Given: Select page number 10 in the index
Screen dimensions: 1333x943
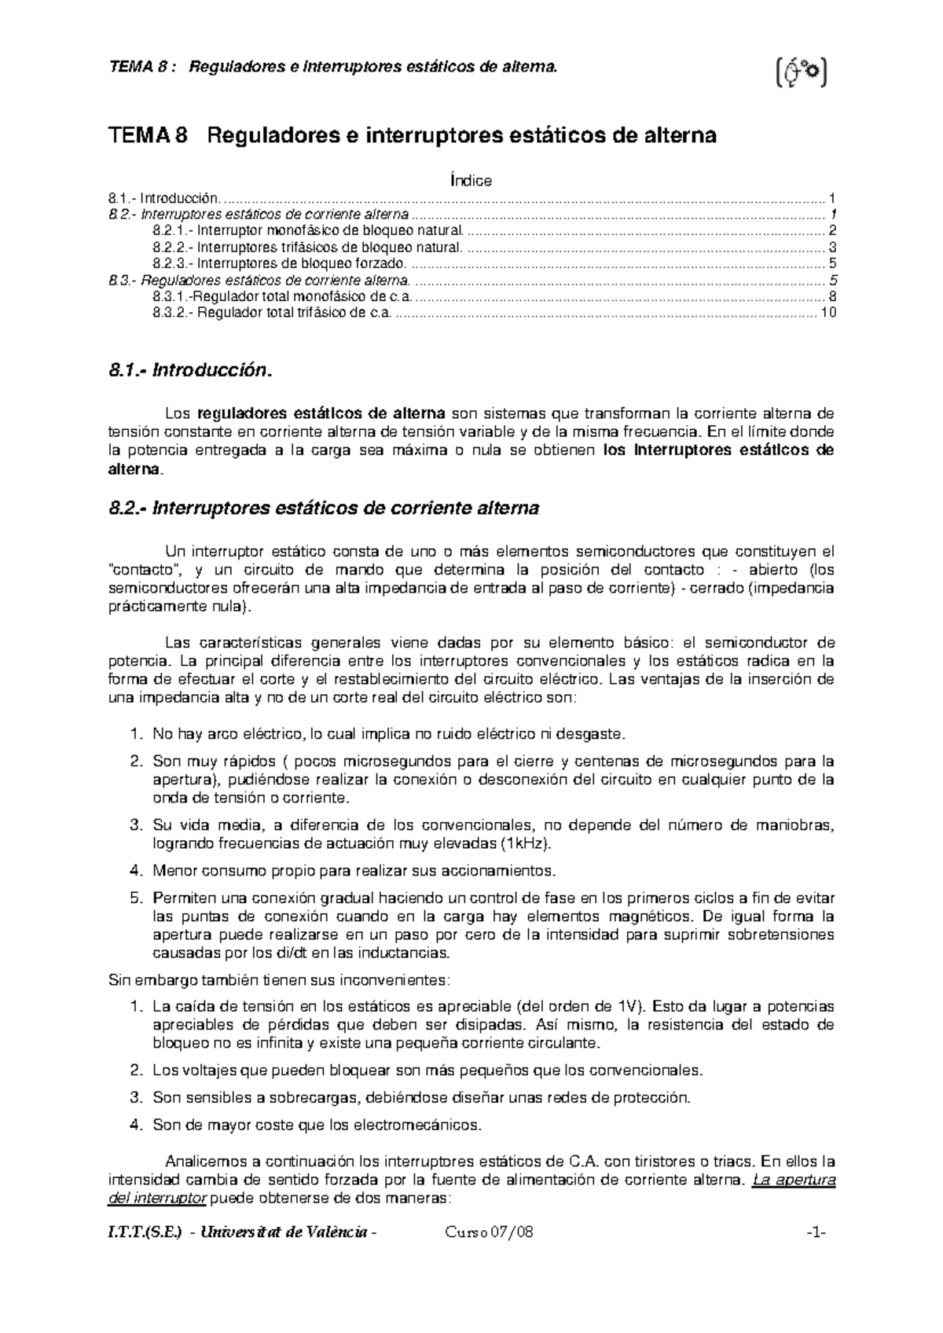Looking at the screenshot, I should pos(827,313).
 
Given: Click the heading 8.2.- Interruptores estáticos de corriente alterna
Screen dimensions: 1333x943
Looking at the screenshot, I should pos(323,508).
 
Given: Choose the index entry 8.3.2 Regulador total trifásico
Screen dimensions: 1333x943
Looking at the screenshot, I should pos(272,313).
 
